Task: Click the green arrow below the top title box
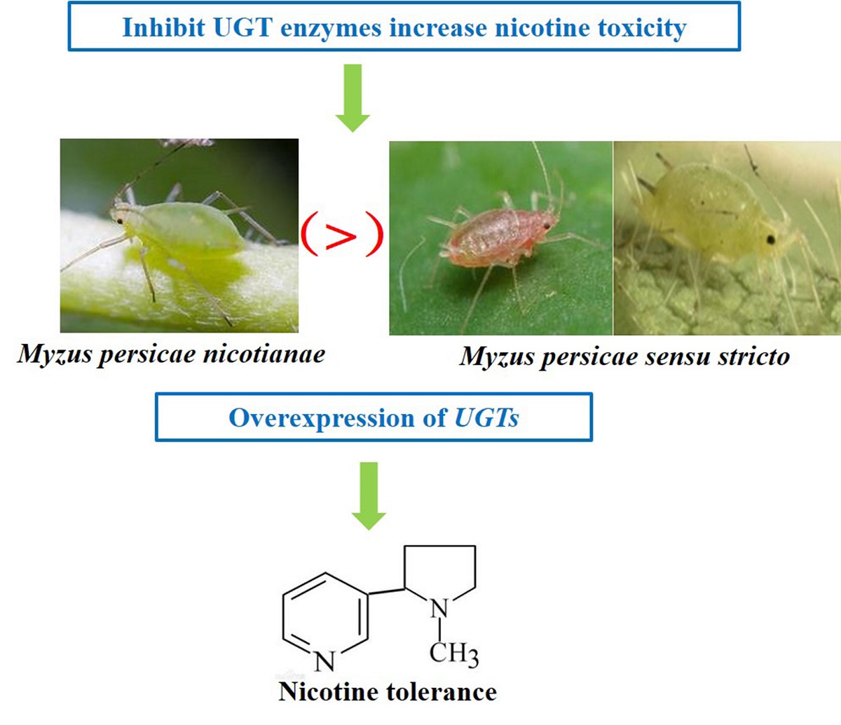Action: [x=353, y=98]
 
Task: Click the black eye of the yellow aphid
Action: [x=772, y=240]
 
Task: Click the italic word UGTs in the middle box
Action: [x=487, y=418]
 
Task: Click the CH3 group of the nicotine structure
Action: [x=453, y=654]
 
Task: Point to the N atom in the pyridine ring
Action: [x=324, y=661]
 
